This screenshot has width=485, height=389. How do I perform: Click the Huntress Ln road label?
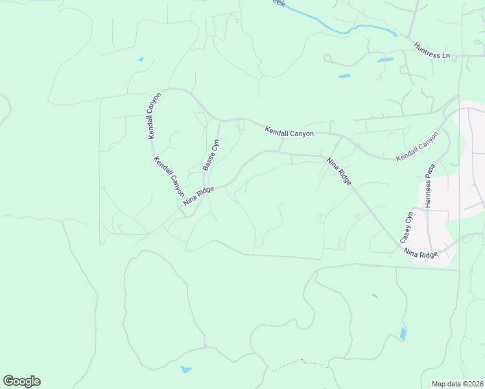click(x=432, y=51)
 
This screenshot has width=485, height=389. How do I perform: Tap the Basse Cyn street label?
click(x=211, y=154)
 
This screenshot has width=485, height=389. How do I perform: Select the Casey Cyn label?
click(x=406, y=227)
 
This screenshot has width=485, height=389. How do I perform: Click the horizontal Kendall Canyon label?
click(x=289, y=132)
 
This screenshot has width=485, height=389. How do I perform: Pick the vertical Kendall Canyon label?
click(x=153, y=115)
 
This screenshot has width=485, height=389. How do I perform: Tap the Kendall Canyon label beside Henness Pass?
click(x=417, y=147)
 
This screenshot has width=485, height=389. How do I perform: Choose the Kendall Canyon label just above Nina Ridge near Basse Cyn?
click(x=169, y=177)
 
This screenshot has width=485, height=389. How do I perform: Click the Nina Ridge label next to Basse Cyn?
click(x=198, y=195)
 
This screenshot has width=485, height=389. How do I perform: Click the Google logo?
click(x=21, y=381)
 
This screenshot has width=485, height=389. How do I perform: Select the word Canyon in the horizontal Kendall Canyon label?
click(x=302, y=134)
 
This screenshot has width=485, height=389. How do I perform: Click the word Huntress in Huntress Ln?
click(x=426, y=48)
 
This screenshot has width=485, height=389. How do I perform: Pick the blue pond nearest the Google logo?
click(x=186, y=370)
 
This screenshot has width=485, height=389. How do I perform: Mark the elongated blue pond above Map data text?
click(x=403, y=334)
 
